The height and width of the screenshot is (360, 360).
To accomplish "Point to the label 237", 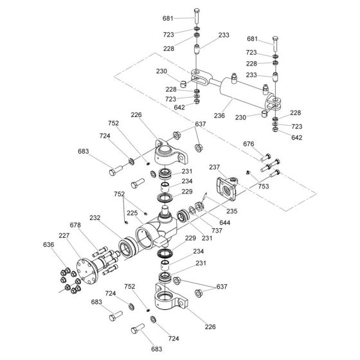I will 215,168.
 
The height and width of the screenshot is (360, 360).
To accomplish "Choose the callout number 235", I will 231,210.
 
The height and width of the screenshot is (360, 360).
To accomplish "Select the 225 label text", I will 132,213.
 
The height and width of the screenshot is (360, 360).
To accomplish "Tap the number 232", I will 95,218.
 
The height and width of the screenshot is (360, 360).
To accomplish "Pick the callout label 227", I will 64,235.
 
